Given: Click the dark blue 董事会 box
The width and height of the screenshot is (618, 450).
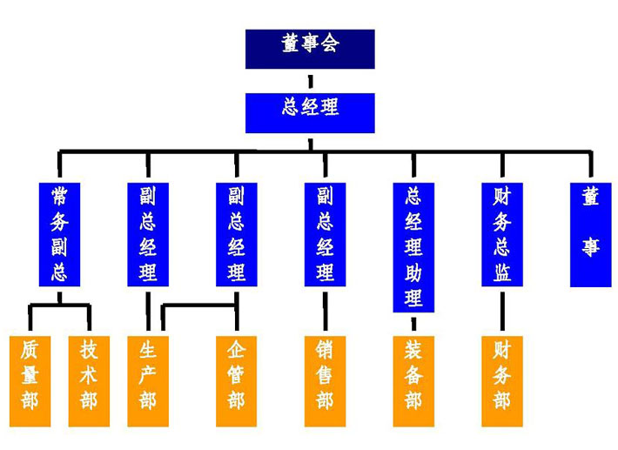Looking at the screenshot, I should pyautogui.click(x=310, y=49).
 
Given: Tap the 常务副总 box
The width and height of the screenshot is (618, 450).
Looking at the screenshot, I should pyautogui.click(x=59, y=233).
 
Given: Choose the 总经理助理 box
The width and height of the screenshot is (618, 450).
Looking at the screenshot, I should pyautogui.click(x=413, y=246).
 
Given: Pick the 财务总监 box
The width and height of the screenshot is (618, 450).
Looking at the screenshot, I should pyautogui.click(x=502, y=233).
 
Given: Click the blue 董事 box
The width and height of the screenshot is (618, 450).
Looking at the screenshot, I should pyautogui.click(x=591, y=233).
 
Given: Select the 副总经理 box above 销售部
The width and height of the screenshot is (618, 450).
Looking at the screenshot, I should pyautogui.click(x=325, y=233).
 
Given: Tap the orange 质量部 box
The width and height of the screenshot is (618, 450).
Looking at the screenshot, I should pyautogui.click(x=30, y=380).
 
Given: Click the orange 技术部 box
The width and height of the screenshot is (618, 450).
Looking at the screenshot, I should pyautogui.click(x=89, y=380).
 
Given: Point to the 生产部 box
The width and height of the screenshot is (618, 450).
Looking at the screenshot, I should pyautogui.click(x=148, y=380).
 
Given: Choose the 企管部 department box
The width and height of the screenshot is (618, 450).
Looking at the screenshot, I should pyautogui.click(x=237, y=380).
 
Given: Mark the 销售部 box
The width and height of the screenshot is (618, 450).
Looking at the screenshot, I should pyautogui.click(x=325, y=380).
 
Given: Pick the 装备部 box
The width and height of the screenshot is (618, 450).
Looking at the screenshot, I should pyautogui.click(x=413, y=380).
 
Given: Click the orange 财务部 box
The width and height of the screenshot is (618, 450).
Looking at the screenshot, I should pyautogui.click(x=502, y=380).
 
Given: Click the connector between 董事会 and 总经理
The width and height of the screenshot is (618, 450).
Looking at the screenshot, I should pyautogui.click(x=310, y=81).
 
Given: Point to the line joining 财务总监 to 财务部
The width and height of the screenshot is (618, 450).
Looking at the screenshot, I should pyautogui.click(x=502, y=311).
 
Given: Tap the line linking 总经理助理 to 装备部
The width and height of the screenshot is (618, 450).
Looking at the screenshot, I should pyautogui.click(x=413, y=324).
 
